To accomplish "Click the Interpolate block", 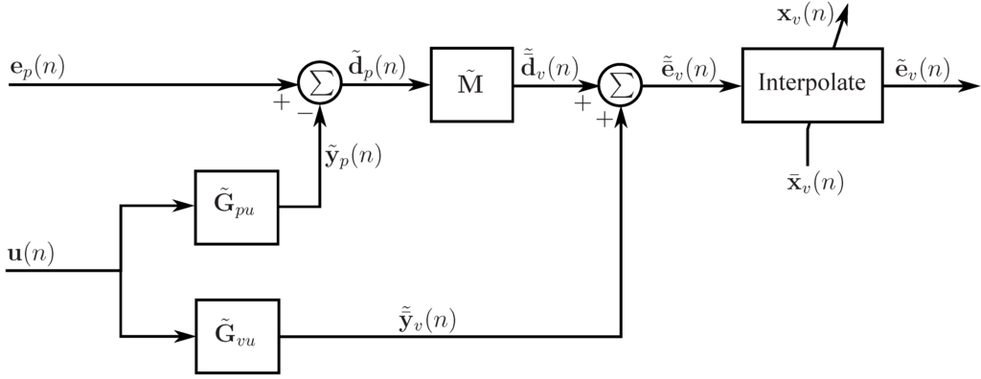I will click(x=811, y=84).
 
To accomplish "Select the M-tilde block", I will click(x=471, y=84).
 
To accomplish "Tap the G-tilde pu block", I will click(x=236, y=207).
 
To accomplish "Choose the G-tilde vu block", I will click(x=236, y=336).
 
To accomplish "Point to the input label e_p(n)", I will click(x=36, y=67).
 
